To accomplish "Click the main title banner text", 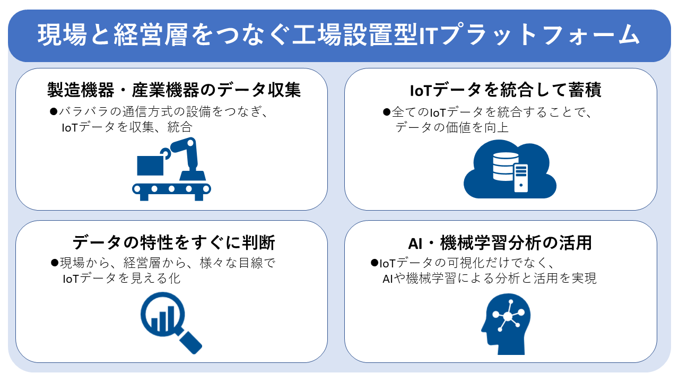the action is click(338, 35).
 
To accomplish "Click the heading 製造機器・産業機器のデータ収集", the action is click(173, 90).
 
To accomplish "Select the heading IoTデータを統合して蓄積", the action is click(506, 90).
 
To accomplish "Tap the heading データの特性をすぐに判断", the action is click(173, 242).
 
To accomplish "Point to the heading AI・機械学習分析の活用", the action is click(500, 243).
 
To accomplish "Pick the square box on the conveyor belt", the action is click(150, 166).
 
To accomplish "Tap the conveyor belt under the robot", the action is click(171, 192).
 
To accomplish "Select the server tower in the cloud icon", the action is click(521, 178).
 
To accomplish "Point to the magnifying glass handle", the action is click(189, 342).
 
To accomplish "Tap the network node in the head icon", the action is click(507, 316).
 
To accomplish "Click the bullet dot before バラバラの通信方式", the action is click(54, 111).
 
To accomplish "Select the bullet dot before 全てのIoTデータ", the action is click(387, 112).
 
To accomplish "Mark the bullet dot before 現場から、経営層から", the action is click(55, 263).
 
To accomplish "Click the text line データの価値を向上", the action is click(452, 127).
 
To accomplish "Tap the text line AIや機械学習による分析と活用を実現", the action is click(490, 279).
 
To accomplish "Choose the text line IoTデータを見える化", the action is click(121, 279).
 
